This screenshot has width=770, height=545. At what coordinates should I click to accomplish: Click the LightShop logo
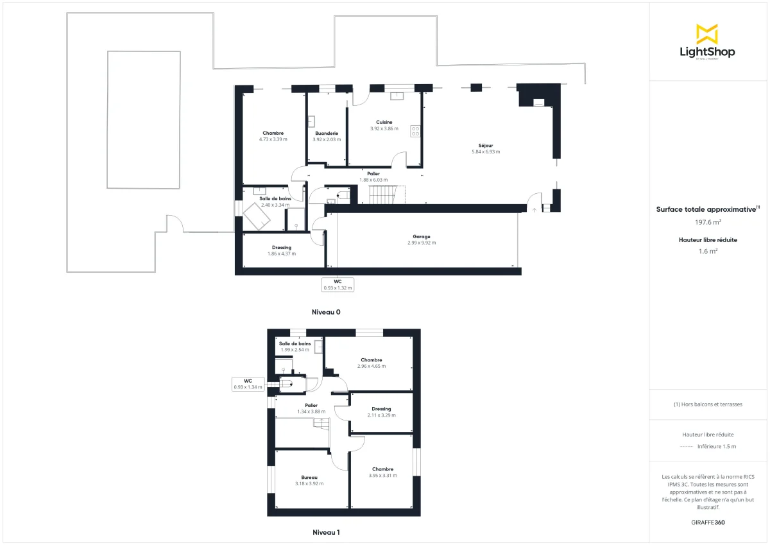click(x=707, y=42)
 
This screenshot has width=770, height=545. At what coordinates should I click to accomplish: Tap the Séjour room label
click(x=485, y=145)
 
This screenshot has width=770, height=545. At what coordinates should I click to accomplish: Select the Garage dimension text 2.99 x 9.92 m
click(x=422, y=243)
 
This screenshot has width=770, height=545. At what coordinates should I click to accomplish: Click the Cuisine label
click(x=384, y=122)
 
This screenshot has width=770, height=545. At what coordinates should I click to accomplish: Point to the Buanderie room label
click(x=327, y=133)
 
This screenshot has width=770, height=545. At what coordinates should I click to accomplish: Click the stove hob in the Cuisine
click(x=415, y=131)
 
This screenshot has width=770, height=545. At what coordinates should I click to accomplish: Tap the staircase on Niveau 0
click(x=387, y=195)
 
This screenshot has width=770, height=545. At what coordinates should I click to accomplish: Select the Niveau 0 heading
click(x=326, y=312)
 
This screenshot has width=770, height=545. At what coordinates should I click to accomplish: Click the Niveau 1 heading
click(x=326, y=532)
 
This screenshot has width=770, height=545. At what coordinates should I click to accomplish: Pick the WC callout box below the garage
click(x=338, y=284)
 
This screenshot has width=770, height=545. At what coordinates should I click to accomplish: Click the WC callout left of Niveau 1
click(x=248, y=384)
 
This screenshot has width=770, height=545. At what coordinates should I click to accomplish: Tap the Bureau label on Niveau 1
click(x=309, y=477)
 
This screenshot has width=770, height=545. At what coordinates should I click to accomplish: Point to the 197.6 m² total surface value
click(x=708, y=222)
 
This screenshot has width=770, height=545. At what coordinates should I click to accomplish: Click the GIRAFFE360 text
click(x=708, y=523)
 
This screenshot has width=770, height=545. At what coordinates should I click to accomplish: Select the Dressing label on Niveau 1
click(x=381, y=409)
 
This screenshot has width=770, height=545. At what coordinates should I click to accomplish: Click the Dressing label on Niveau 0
click(x=282, y=247)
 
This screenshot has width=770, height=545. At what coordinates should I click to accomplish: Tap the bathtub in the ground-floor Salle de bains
click(x=259, y=219)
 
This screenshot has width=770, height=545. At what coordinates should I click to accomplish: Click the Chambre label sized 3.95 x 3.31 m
click(x=382, y=469)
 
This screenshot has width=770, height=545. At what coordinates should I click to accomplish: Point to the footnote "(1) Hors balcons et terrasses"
click(x=708, y=404)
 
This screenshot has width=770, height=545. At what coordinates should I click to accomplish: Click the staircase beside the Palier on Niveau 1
click(x=320, y=424)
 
